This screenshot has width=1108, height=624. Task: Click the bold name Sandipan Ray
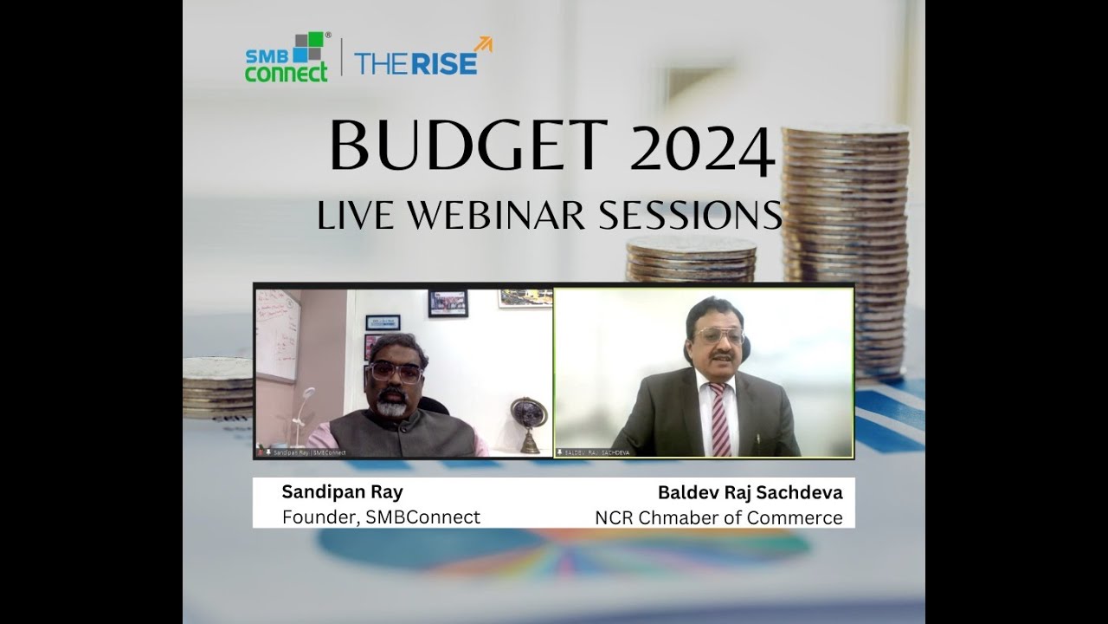click(342, 492)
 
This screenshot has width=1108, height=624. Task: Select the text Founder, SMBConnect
click(381, 517)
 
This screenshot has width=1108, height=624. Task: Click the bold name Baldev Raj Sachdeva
click(750, 493)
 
